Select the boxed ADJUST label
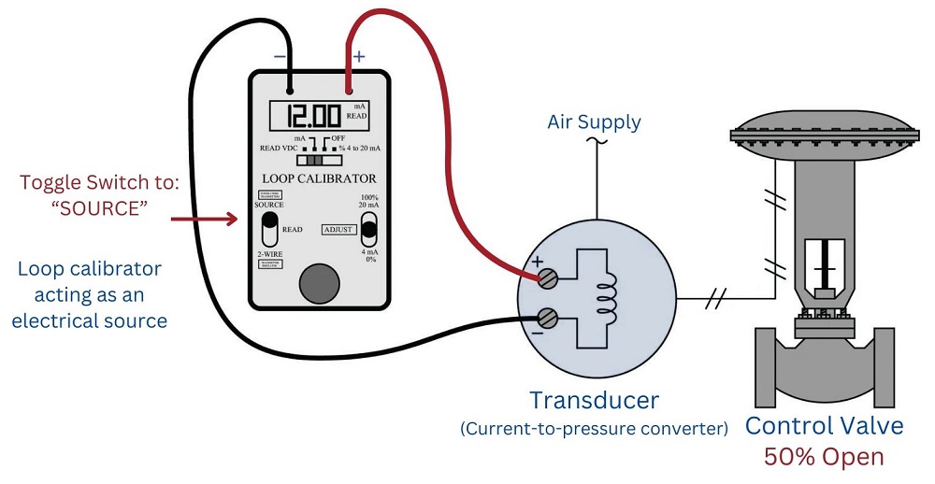coord(338,229)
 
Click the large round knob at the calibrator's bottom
coord(319,282)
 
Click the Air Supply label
coord(595,121)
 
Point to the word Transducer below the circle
coord(594,401)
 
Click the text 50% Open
coord(824,458)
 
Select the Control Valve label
coord(824,426)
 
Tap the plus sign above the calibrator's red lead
coord(359,57)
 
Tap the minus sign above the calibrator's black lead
coord(280,57)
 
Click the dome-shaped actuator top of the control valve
coord(823,126)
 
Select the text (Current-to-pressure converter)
coord(594,430)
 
